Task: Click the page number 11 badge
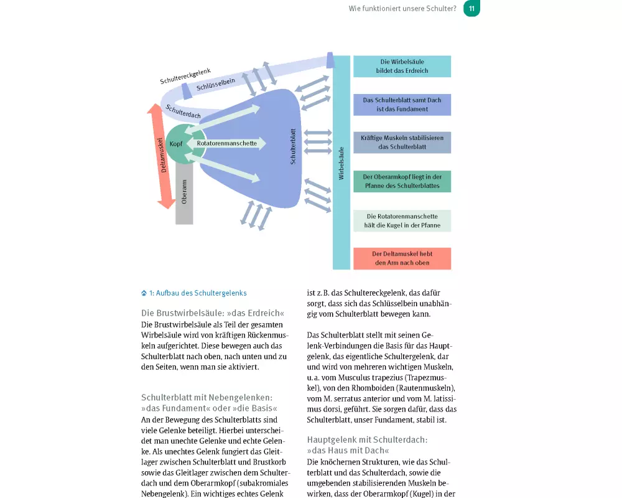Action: tap(471, 9)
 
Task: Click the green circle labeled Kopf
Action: tap(176, 144)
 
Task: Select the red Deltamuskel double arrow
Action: tap(162, 156)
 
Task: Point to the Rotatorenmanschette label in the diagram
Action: tap(227, 143)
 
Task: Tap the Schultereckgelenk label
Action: tap(185, 76)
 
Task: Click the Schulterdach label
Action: tap(183, 111)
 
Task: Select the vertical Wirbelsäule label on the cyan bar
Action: tap(341, 163)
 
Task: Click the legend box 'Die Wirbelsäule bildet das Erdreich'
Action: tap(402, 67)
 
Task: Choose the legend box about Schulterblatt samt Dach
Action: tap(402, 105)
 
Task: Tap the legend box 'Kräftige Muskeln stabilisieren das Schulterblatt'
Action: tap(402, 143)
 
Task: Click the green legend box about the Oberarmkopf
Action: tap(402, 181)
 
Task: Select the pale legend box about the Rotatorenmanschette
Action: tap(402, 221)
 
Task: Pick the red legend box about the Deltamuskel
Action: tap(402, 258)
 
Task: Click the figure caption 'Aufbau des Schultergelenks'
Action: tap(197, 293)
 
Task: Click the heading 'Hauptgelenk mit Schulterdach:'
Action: tap(367, 439)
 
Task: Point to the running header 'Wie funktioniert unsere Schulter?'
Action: tap(402, 9)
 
